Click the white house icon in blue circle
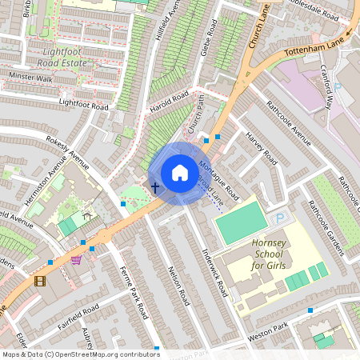pyautogui.click(x=180, y=173)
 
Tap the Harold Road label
pyautogui.click(x=170, y=102)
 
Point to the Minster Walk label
pyautogui.click(x=30, y=78)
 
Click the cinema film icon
pyautogui.click(x=39, y=280)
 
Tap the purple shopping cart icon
pyautogui.click(x=76, y=260)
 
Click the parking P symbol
pyautogui.click(x=279, y=218)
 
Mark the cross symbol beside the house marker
pyautogui.click(x=154, y=186)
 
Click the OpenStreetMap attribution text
pyautogui.click(x=80, y=354)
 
